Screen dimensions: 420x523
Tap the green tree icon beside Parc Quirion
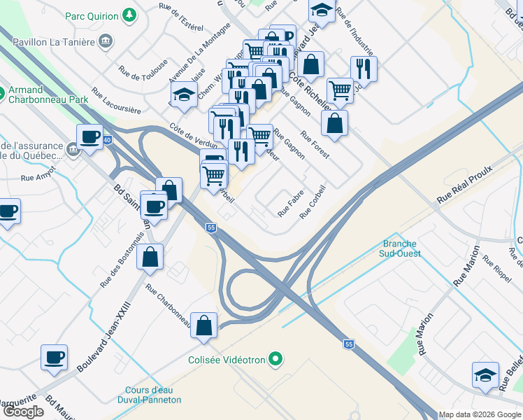[x=129, y=15]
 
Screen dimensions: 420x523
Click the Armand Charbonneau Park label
[x=48, y=94]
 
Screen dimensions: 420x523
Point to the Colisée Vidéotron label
[x=226, y=360]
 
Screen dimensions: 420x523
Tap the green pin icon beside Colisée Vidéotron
[x=276, y=360]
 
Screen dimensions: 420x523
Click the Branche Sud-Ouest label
[x=401, y=248]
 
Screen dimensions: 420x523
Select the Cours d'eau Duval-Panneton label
[x=153, y=395]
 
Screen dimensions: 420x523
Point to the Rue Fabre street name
[x=292, y=204]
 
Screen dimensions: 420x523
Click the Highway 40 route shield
[x=107, y=140]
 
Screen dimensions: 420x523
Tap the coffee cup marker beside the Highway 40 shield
[x=89, y=137]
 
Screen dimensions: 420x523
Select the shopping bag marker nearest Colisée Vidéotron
[x=203, y=325]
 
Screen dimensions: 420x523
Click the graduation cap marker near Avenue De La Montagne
[x=183, y=95]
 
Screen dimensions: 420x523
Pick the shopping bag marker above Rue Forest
[x=336, y=124]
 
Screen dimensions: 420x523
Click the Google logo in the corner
[x=24, y=412]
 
